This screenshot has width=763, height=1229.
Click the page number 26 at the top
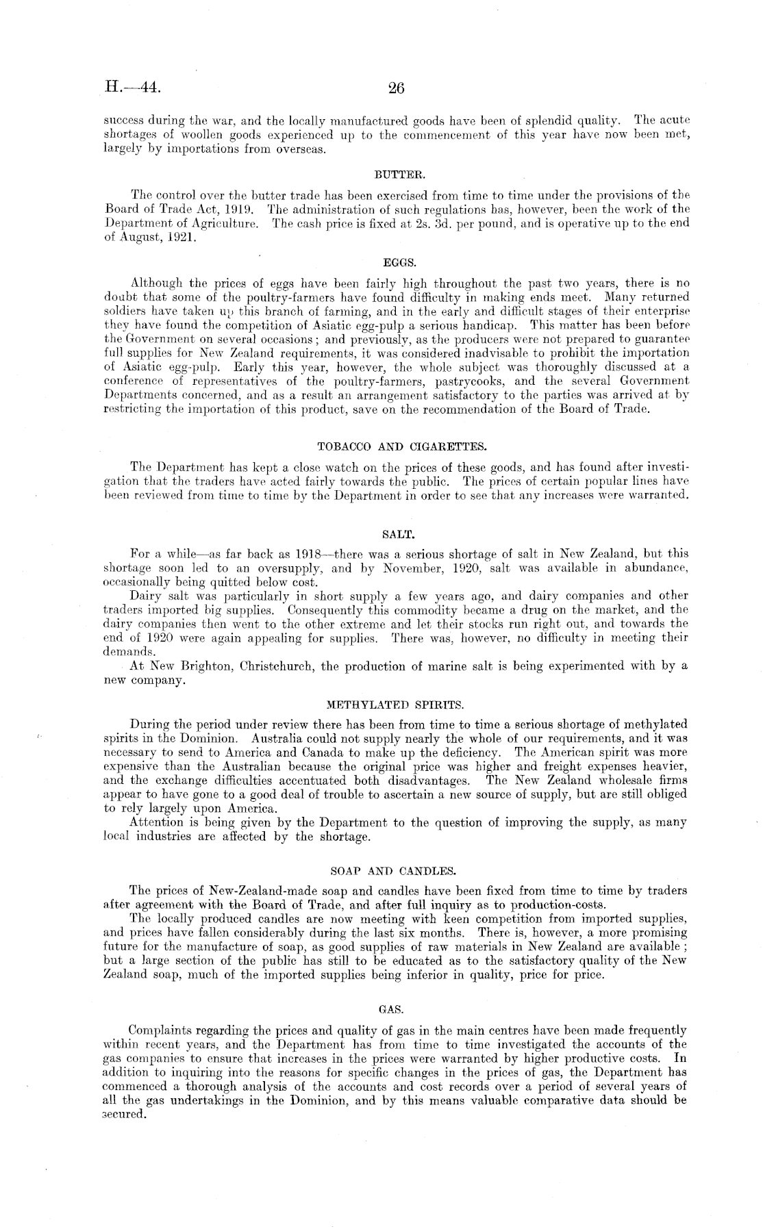coord(397,88)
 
